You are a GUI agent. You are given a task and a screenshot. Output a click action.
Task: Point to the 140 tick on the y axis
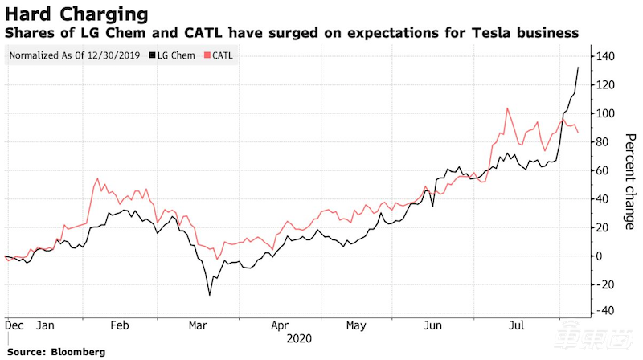(x=605, y=56)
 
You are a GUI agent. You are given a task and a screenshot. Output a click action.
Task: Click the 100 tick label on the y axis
(x=605, y=113)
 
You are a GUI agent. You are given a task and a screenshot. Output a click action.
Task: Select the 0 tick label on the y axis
(x=600, y=256)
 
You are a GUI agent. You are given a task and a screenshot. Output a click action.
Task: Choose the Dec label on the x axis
(x=12, y=325)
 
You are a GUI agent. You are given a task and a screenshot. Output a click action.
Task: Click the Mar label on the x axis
(x=195, y=325)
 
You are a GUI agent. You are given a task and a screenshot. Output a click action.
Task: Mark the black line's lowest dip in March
(x=210, y=295)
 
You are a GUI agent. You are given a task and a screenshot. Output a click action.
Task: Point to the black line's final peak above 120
(x=579, y=67)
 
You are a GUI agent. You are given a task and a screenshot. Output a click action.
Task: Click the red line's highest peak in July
(x=507, y=108)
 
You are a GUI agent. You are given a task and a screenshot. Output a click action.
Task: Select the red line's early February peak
(x=97, y=178)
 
